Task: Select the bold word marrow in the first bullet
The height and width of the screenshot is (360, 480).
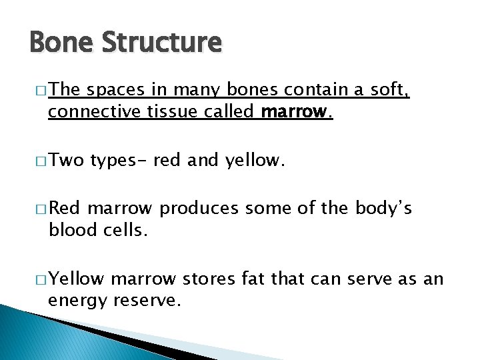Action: (295, 112)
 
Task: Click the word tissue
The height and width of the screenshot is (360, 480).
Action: (158, 112)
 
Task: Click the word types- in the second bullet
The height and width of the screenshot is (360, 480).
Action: (119, 160)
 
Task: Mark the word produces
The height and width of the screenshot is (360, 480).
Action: (199, 209)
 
